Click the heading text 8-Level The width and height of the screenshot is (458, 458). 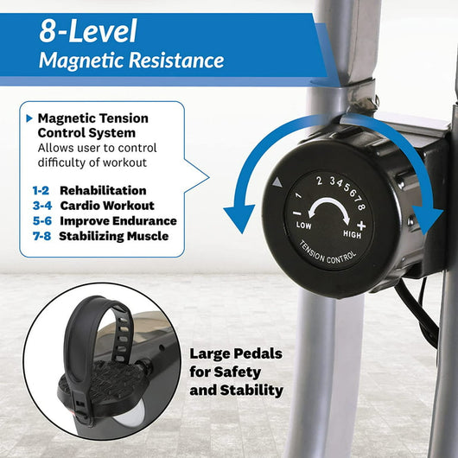click(x=88, y=31)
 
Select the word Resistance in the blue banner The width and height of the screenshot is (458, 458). click(x=176, y=60)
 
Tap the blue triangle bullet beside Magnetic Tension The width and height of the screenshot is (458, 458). click(x=29, y=118)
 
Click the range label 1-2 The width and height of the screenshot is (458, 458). click(x=41, y=190)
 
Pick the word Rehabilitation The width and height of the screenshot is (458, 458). click(x=103, y=190)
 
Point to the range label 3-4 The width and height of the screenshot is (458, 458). click(x=42, y=206)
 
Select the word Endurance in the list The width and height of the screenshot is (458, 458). click(x=144, y=221)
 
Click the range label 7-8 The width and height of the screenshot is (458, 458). click(x=42, y=236)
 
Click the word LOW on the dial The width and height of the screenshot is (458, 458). click(x=304, y=226)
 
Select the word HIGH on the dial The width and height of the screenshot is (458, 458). click(x=352, y=234)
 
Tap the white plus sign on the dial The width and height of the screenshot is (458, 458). click(x=361, y=226)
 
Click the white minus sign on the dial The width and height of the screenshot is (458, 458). click(x=296, y=213)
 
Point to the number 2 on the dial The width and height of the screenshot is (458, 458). click(x=319, y=181)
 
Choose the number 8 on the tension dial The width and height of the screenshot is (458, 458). click(x=361, y=207)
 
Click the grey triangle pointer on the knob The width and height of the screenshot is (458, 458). click(x=277, y=182)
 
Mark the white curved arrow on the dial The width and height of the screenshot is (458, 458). click(x=328, y=200)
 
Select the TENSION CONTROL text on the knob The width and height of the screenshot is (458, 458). click(x=328, y=253)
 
